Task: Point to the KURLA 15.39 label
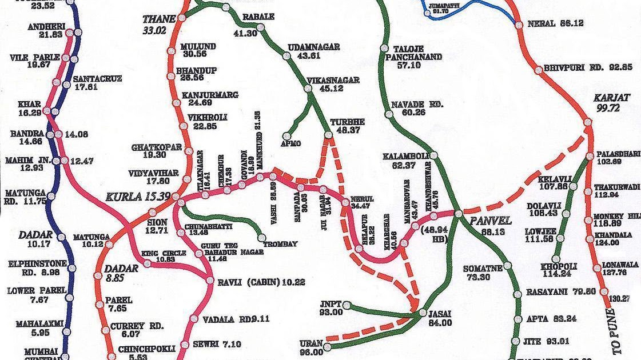(x=138, y=197)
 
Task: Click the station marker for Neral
(x=518, y=24)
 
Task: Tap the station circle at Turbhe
(x=329, y=135)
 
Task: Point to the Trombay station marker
(x=262, y=237)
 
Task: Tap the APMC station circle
(x=287, y=136)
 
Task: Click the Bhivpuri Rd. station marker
(x=538, y=70)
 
